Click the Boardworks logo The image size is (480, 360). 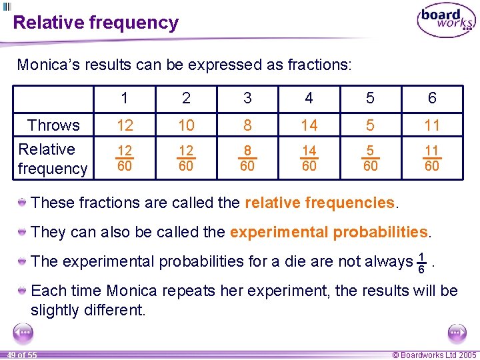tap(446, 21)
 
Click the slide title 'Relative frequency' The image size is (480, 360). tap(96, 23)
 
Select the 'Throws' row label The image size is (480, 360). tap(53, 125)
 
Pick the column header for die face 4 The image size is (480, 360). tap(309, 99)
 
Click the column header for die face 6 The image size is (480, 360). tap(432, 99)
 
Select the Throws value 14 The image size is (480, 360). tap(309, 125)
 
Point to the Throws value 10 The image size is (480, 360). tap(186, 125)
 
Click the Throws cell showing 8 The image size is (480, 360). tap(247, 125)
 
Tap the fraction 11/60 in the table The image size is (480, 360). tap(432, 159)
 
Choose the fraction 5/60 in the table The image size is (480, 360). tap(370, 159)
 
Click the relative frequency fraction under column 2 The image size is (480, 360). tap(186, 159)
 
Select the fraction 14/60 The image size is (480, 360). tap(309, 159)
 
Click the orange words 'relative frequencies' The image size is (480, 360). tap(319, 203)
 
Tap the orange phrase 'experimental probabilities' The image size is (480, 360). tap(328, 232)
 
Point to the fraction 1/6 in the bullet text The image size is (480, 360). tap(421, 262)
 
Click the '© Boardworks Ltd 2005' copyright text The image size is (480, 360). tap(435, 355)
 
